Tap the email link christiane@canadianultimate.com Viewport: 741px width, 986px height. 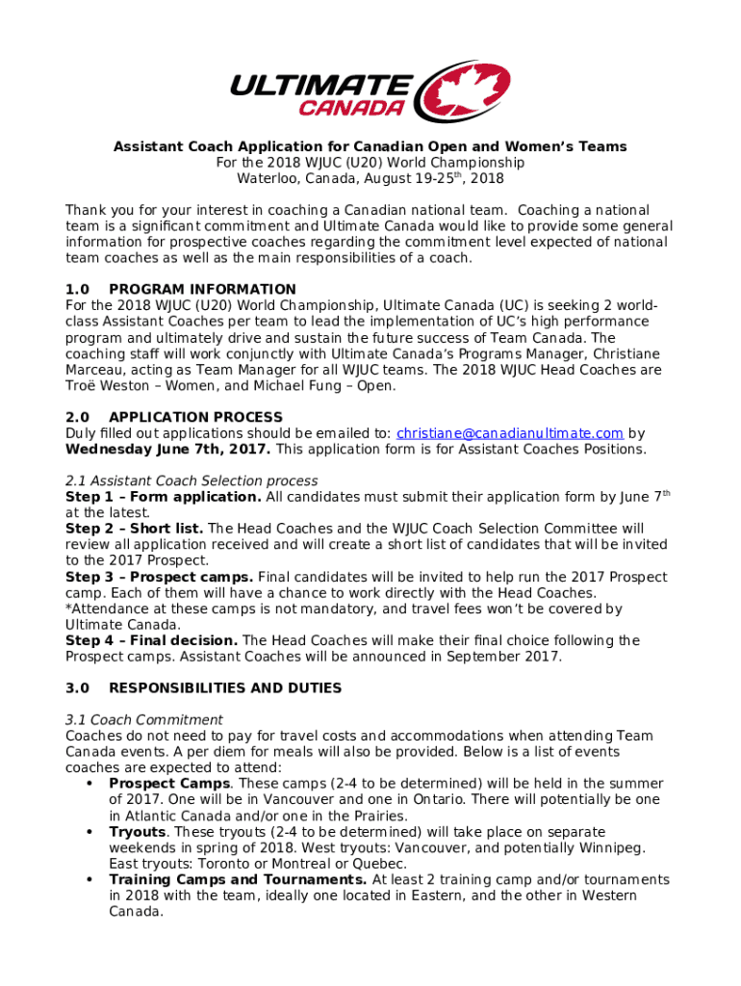510,433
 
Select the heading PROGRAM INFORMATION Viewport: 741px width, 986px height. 202,289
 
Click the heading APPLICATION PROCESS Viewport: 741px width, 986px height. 196,417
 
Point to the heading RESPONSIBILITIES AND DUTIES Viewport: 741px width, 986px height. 225,688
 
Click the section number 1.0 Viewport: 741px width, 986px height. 77,289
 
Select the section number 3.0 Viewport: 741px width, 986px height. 77,688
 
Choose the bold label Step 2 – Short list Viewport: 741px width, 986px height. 134,529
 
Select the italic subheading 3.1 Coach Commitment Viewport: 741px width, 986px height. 143,720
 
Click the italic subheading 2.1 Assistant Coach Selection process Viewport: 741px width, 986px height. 192,480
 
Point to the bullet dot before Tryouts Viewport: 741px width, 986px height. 89,832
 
